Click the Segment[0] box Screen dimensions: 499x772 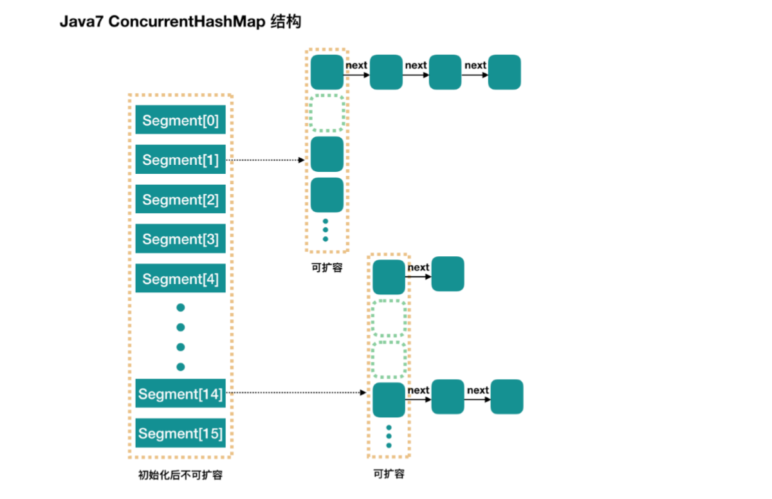[180, 120]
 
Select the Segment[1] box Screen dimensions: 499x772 [180, 160]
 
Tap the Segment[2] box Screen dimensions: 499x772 [180, 200]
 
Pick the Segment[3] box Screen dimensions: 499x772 [180, 239]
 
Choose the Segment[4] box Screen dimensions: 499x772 [180, 279]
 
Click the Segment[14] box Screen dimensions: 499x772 [180, 393]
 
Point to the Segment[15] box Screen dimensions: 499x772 [180, 433]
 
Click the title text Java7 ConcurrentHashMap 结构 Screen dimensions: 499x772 [181, 22]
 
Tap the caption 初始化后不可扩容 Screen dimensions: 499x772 [180, 476]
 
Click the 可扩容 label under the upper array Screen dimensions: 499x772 [327, 268]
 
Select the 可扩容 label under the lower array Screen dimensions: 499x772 [389, 474]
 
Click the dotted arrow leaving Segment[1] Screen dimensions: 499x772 [265, 160]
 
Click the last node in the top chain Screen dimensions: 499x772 [504, 72]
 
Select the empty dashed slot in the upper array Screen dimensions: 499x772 [327, 113]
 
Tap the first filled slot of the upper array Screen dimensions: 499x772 [327, 72]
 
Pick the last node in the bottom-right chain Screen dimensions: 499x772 [507, 397]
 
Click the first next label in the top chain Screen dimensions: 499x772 [356, 65]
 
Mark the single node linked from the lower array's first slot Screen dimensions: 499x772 [448, 274]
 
